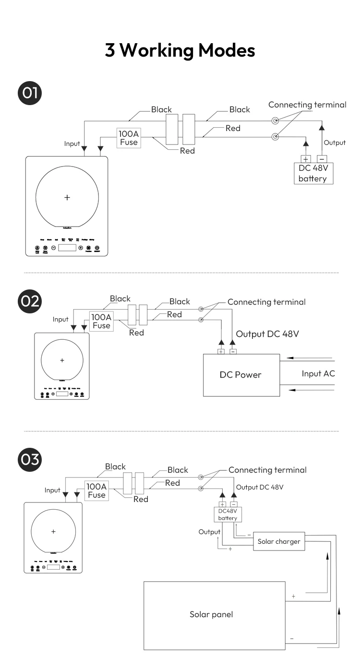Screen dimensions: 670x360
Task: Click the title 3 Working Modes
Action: pyautogui.click(x=180, y=50)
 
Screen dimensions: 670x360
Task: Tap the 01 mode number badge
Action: pyautogui.click(x=30, y=93)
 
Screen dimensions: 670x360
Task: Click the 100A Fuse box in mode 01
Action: pyautogui.click(x=129, y=138)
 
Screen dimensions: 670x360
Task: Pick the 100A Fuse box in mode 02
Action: pyautogui.click(x=101, y=321)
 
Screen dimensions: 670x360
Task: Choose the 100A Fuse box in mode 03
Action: pyautogui.click(x=96, y=491)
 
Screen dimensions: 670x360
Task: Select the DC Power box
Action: pyautogui.click(x=241, y=375)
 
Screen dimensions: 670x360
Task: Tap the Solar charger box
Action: pyautogui.click(x=278, y=541)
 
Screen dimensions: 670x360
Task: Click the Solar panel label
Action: pyautogui.click(x=211, y=614)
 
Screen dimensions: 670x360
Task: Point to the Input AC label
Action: pyautogui.click(x=318, y=373)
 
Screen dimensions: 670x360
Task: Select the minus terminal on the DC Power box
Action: pyautogui.click(x=233, y=351)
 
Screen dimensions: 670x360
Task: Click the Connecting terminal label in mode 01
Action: pyautogui.click(x=307, y=105)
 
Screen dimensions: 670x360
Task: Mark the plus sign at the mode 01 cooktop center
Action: pyautogui.click(x=67, y=197)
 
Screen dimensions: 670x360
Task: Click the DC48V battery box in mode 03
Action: pyautogui.click(x=228, y=514)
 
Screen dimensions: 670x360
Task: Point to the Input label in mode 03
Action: pyautogui.click(x=52, y=490)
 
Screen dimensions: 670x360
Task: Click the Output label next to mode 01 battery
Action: pyautogui.click(x=335, y=143)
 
